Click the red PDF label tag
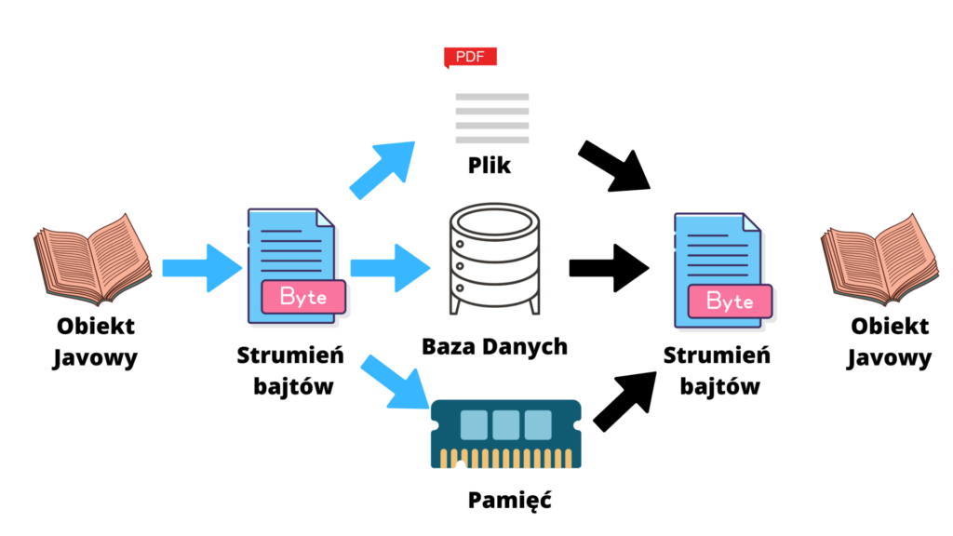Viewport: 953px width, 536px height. click(x=470, y=57)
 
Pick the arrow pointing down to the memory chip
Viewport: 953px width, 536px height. click(x=392, y=381)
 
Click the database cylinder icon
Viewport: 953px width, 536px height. click(x=494, y=260)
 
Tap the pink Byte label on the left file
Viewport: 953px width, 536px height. click(x=303, y=297)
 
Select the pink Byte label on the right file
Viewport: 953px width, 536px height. click(x=731, y=301)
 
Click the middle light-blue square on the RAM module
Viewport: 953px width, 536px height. click(x=505, y=424)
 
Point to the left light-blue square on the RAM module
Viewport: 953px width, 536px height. click(x=474, y=424)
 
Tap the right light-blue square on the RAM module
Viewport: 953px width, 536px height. click(x=538, y=424)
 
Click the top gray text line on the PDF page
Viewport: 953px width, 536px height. click(x=492, y=97)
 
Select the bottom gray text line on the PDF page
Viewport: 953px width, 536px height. click(x=492, y=140)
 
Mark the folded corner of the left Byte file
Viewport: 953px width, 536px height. click(x=327, y=218)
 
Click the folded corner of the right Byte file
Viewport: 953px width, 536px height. click(x=753, y=221)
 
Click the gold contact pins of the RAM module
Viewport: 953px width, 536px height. click(x=505, y=458)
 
